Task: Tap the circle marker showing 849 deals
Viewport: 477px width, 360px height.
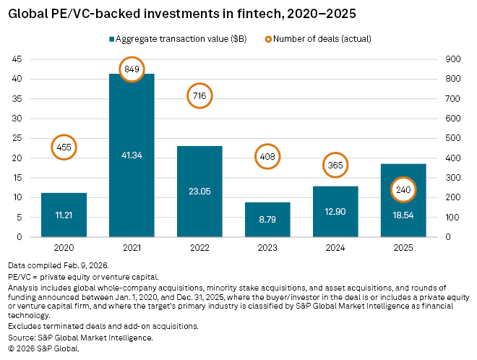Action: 132,69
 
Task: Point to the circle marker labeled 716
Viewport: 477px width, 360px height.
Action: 199,95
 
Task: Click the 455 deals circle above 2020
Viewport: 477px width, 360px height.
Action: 64,147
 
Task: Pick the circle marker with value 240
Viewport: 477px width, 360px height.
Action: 403,190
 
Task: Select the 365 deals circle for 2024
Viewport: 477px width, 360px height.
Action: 335,166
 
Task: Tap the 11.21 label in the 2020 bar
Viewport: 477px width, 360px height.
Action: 64,215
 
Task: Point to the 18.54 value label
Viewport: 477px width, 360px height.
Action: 403,215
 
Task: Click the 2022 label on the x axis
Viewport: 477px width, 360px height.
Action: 199,247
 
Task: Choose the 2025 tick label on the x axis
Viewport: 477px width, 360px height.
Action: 403,247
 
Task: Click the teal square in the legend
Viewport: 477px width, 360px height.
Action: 112,39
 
